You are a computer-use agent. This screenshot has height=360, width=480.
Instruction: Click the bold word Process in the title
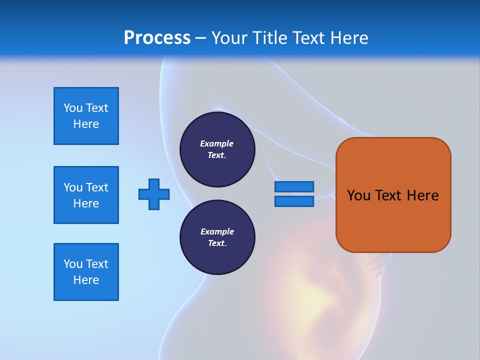click(x=157, y=38)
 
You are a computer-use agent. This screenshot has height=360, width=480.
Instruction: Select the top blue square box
click(x=86, y=116)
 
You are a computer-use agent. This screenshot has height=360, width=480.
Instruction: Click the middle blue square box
click(x=86, y=195)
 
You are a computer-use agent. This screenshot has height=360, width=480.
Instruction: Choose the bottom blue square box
click(x=86, y=272)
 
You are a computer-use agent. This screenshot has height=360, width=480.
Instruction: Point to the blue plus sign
click(x=154, y=194)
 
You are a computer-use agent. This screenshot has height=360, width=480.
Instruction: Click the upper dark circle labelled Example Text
click(x=217, y=149)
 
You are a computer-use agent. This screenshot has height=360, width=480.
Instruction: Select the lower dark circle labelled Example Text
click(x=217, y=237)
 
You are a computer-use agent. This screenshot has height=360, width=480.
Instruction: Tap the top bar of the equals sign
click(x=294, y=187)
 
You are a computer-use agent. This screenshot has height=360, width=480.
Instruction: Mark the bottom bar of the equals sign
click(x=294, y=201)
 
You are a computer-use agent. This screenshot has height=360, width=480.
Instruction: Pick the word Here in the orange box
click(x=422, y=195)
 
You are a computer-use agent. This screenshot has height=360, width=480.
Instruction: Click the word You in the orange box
click(x=358, y=195)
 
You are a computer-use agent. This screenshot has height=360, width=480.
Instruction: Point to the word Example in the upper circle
click(x=217, y=143)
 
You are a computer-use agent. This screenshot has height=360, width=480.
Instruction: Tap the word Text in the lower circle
click(x=216, y=243)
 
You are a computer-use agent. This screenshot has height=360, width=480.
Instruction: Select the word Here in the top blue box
click(x=86, y=124)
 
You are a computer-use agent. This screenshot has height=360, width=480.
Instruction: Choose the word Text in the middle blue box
click(x=97, y=187)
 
